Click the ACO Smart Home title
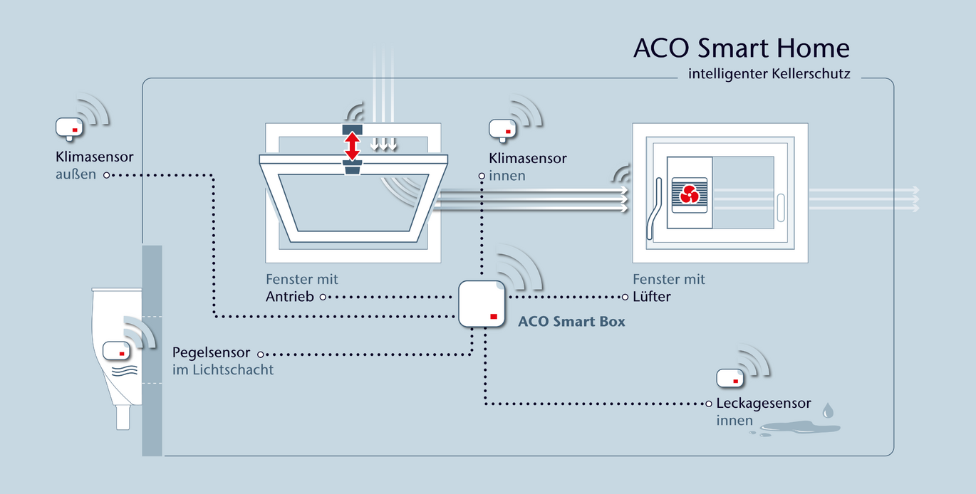741,48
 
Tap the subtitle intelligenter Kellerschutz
769,74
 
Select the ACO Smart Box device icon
482,303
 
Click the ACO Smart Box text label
571,322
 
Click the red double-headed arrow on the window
352,147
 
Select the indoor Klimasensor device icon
502,129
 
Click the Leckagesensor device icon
730,379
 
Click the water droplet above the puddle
828,411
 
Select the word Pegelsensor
212,353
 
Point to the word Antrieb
289,297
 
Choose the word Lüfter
652,297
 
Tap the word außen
76,174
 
